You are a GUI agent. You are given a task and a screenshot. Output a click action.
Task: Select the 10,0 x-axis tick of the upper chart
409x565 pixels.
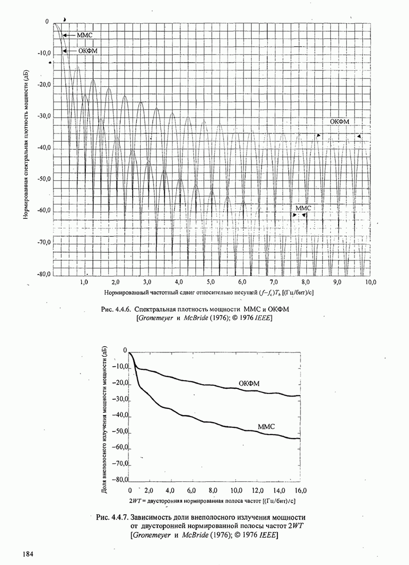tap(370, 282)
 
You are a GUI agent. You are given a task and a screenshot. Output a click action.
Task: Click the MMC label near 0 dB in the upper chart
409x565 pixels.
tap(85, 35)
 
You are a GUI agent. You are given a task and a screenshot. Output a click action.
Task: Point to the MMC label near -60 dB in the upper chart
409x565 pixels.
tap(304, 208)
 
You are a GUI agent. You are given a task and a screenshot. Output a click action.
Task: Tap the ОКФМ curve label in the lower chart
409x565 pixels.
tap(249, 384)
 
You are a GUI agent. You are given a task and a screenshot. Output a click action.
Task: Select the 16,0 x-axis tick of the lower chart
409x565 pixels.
tap(300, 490)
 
